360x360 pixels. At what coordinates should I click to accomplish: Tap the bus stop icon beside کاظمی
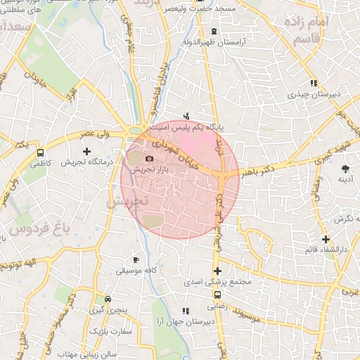[40, 151]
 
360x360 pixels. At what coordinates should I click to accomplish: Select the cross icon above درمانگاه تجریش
[86, 151]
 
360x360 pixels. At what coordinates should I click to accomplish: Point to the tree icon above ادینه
[345, 169]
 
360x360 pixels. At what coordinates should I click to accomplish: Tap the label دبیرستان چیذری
[313, 93]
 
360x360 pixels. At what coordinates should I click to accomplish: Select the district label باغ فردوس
[42, 229]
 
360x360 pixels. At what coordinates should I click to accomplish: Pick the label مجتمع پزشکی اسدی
[219, 282]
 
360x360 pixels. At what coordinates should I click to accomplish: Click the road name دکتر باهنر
[259, 169]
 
